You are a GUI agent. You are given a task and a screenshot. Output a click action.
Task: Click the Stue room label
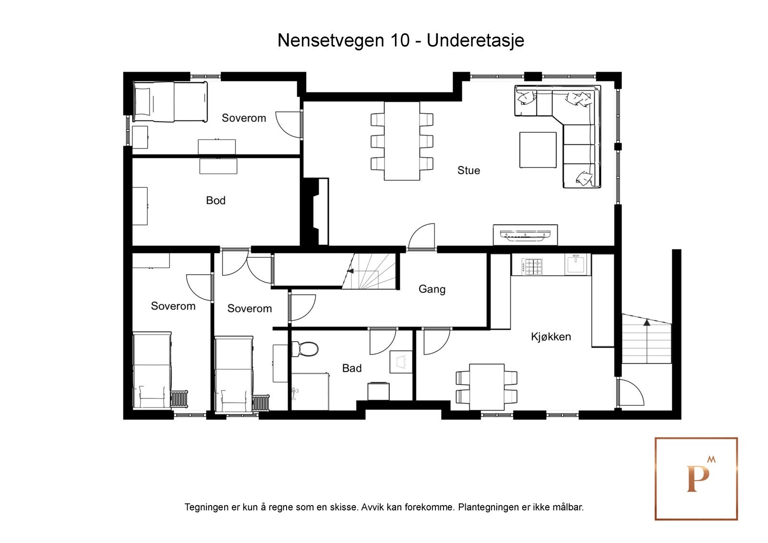coord(468,170)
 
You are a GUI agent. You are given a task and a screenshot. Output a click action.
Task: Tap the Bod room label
coord(216,200)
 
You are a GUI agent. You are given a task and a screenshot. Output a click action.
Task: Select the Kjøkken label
coord(551,337)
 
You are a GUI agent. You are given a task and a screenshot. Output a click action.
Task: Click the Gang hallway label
coord(432,289)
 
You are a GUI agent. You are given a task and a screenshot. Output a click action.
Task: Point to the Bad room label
coord(351,368)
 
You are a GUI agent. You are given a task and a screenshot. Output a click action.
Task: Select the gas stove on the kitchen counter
coord(532,266)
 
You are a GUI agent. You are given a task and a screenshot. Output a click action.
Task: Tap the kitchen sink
coord(576,265)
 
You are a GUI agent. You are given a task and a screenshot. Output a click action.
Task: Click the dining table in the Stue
coord(402,141)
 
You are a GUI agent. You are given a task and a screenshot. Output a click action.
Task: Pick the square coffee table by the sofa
coord(538,150)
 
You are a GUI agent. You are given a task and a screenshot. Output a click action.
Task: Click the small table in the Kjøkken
coord(486,387)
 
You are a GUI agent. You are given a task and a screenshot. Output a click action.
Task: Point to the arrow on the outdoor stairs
coord(647,323)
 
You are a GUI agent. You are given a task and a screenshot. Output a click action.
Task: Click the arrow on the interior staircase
coord(350,271)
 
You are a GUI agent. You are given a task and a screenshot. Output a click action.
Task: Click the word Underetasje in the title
coord(475,40)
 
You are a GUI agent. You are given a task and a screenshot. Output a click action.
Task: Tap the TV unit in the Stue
coord(525,235)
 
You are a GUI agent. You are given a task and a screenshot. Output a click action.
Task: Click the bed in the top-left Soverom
coord(170,102)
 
